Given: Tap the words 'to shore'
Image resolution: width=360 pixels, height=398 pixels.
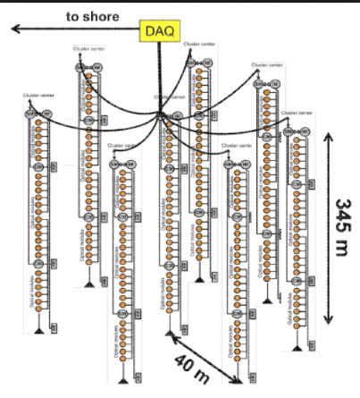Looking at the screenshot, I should (x=93, y=15).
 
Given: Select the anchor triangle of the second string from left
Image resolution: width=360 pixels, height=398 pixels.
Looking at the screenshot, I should (x=89, y=284).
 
